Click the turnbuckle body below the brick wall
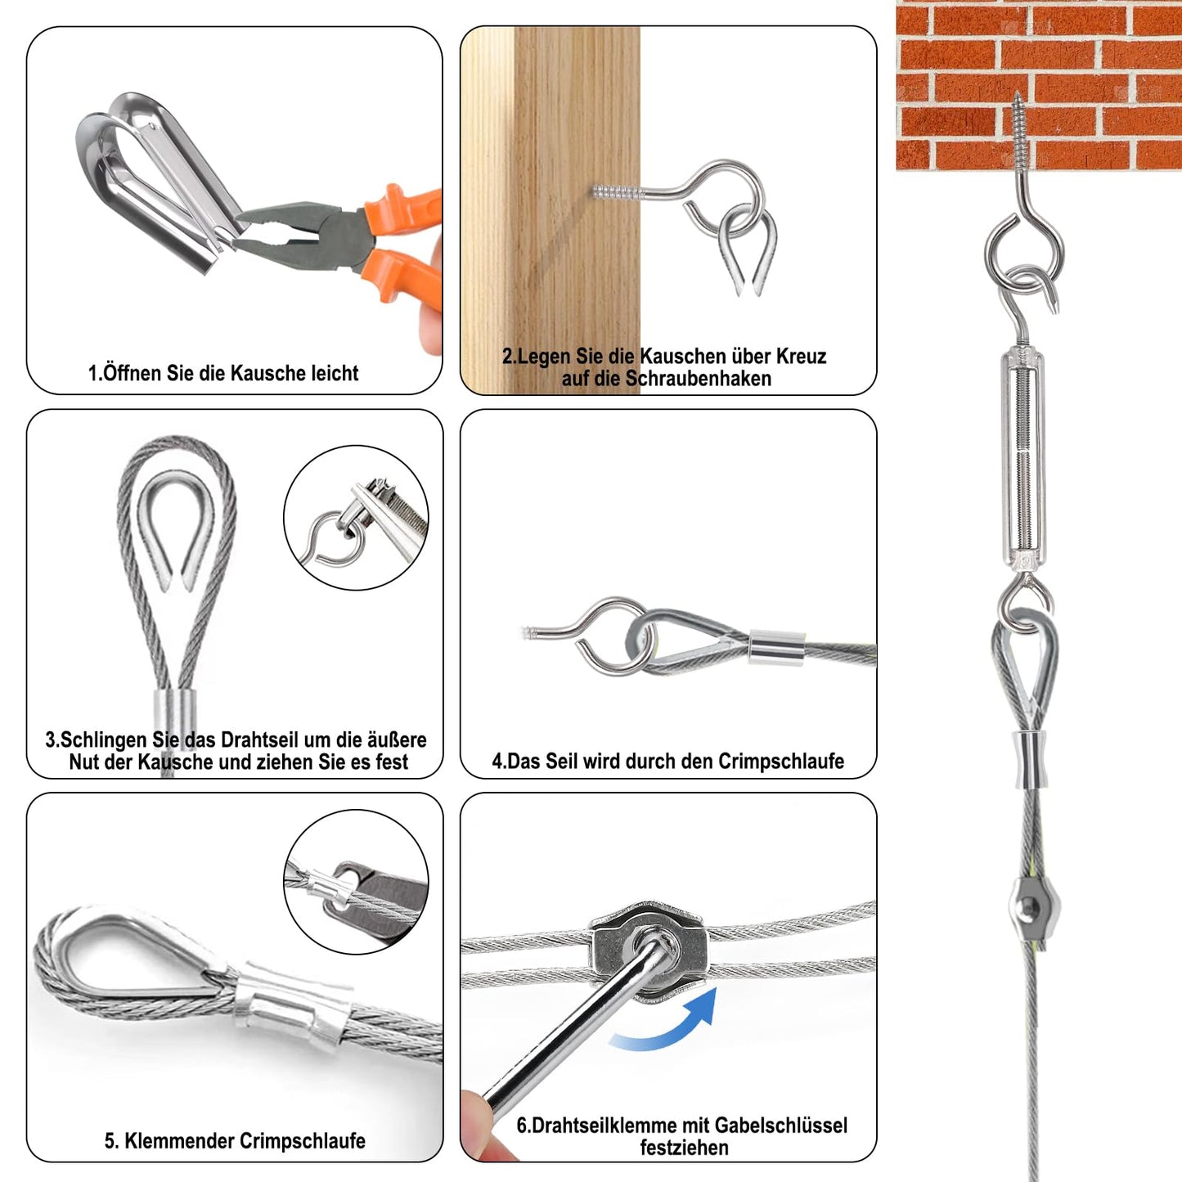[1023, 457]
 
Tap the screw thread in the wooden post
[616, 191]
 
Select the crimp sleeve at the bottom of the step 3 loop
[174, 712]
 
